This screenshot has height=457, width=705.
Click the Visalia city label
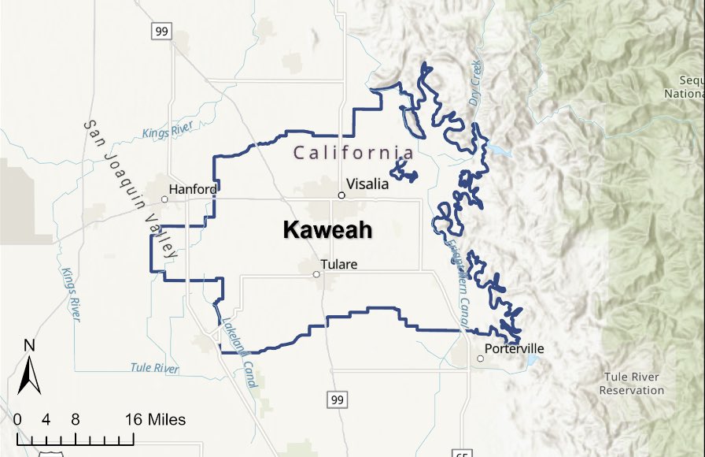367,184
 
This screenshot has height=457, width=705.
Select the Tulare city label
338,265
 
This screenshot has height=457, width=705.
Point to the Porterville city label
515,348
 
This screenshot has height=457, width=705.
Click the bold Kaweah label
327,230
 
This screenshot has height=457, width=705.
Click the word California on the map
353,152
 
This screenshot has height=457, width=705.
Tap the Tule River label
154,368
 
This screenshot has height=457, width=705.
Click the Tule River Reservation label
631,384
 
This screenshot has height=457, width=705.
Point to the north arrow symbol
29,375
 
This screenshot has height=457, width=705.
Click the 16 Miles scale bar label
155,420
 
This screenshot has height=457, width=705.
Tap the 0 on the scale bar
17,420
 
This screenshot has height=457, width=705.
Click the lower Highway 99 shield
338,400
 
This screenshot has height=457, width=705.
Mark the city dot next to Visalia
341,195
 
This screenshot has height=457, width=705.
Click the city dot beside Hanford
164,199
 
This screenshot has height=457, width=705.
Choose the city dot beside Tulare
316,275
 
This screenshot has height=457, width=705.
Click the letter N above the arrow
29,345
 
